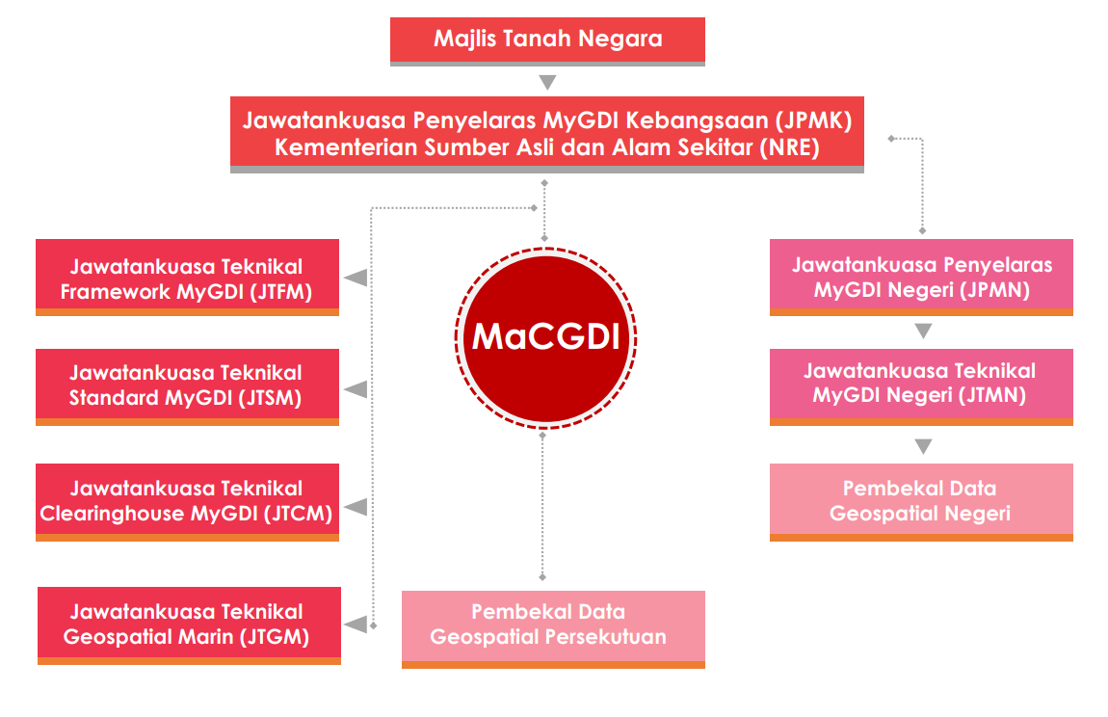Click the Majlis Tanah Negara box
coord(547,41)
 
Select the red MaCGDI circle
coord(546,338)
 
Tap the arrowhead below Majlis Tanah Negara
coord(547,82)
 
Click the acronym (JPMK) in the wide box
coord(813,120)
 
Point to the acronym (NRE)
coord(789,147)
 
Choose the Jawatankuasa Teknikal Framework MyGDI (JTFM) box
coord(187,278)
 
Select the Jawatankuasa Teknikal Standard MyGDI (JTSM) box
coord(187,386)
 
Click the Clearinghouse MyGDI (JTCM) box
coord(187,502)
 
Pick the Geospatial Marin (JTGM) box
coord(190,625)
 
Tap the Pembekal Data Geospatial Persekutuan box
coord(553,629)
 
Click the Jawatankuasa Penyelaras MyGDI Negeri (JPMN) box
coord(921,278)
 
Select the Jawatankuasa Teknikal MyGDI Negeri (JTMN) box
coord(921,386)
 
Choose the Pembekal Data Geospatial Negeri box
coord(921,502)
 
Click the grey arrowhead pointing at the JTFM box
coord(356,278)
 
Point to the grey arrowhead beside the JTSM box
coord(356,389)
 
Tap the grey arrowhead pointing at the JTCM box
coord(356,507)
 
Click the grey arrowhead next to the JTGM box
coord(356,624)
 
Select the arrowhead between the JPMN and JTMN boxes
coord(923,331)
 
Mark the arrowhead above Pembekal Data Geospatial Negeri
coord(923,446)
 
